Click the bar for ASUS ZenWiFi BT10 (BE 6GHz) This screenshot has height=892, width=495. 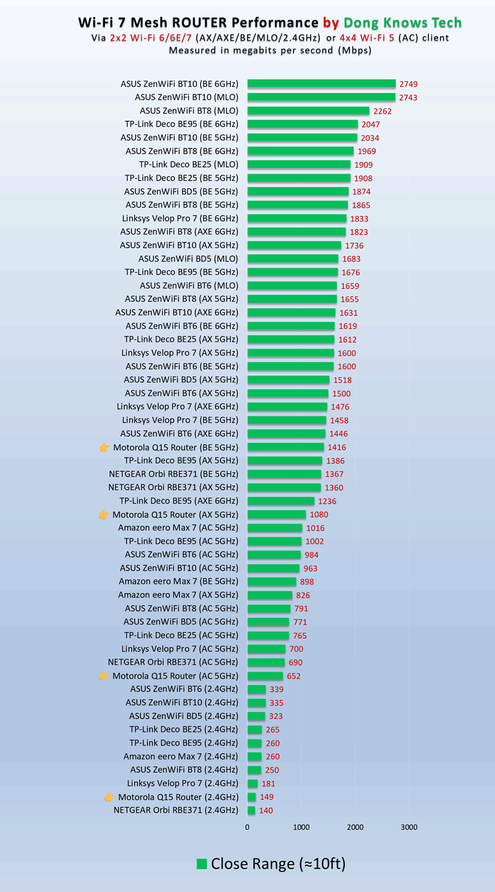[x=321, y=84]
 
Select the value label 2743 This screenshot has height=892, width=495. [x=408, y=97]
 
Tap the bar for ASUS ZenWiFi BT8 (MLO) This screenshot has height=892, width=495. [x=308, y=111]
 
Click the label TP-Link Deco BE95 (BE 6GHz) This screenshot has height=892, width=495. [x=181, y=124]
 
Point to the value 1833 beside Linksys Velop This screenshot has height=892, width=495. [x=359, y=219]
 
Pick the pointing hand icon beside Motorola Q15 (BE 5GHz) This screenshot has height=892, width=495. [x=104, y=447]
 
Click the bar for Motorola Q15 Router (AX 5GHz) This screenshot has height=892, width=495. [x=276, y=514]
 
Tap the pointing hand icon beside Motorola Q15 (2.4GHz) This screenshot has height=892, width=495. [x=109, y=797]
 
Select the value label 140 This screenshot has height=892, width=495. [x=266, y=810]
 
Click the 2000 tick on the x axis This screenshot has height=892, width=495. [x=355, y=827]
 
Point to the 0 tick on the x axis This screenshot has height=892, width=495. [x=247, y=827]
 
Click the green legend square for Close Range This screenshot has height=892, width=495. [x=201, y=864]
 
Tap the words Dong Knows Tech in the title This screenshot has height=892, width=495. [x=402, y=22]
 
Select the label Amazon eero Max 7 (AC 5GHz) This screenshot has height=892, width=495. [x=178, y=528]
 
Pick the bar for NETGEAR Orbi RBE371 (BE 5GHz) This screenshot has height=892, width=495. [x=284, y=474]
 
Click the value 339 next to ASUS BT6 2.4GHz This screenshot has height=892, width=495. [x=276, y=689]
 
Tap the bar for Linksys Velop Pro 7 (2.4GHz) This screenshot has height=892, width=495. [x=252, y=784]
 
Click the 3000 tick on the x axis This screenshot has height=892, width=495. [x=409, y=827]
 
